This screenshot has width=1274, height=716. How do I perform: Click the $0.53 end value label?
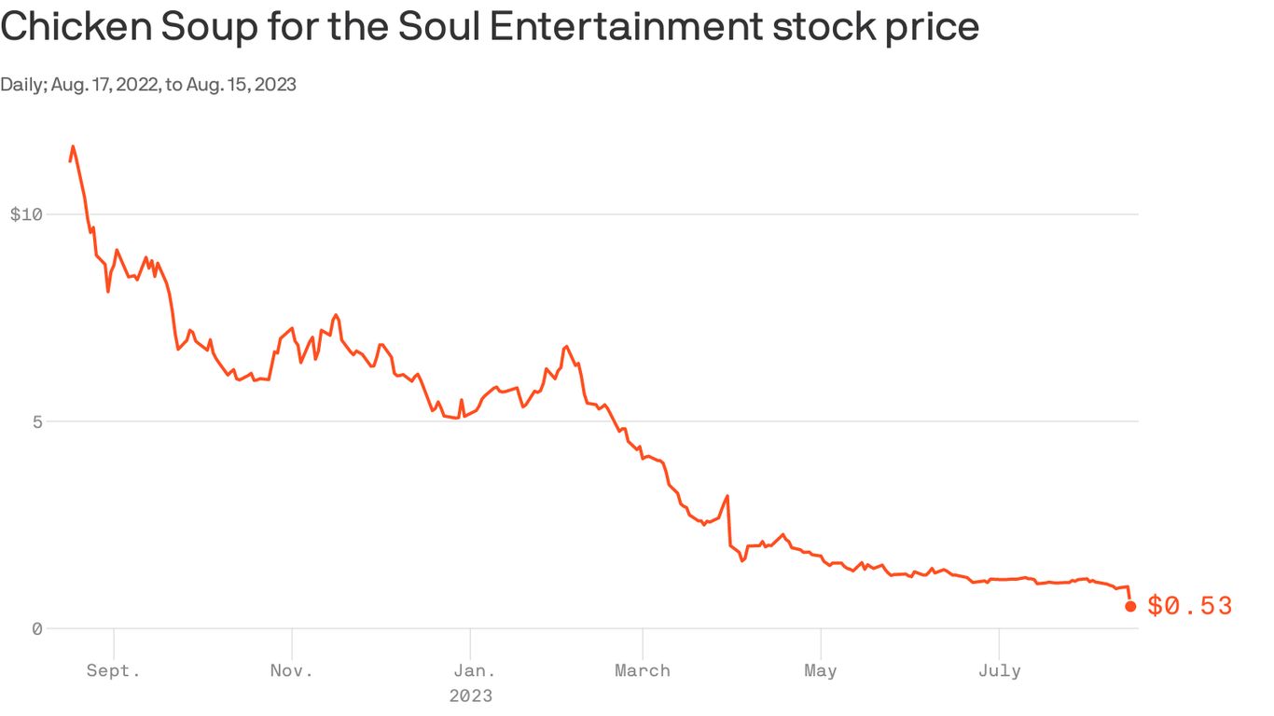click(x=1189, y=607)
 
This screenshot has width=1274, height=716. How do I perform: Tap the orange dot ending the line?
click(x=1130, y=606)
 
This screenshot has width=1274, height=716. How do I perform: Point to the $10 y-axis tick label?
click(x=26, y=214)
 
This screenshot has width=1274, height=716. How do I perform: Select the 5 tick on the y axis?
click(x=36, y=421)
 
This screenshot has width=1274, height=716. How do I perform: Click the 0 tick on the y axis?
click(x=36, y=628)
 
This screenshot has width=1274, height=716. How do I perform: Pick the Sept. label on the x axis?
click(x=114, y=670)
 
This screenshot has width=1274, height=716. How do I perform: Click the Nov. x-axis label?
click(x=292, y=670)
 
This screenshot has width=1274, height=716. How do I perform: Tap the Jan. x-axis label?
click(x=471, y=670)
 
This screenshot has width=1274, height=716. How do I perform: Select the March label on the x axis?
click(x=643, y=670)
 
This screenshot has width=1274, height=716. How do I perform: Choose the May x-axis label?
click(x=821, y=670)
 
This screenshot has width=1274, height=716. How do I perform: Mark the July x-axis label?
click(x=999, y=670)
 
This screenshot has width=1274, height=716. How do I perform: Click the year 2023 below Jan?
click(x=471, y=695)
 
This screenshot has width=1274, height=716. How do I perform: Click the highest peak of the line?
click(x=73, y=146)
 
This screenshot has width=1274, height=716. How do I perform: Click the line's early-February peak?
click(x=567, y=347)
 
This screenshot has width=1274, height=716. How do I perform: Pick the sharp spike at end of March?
click(x=727, y=496)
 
